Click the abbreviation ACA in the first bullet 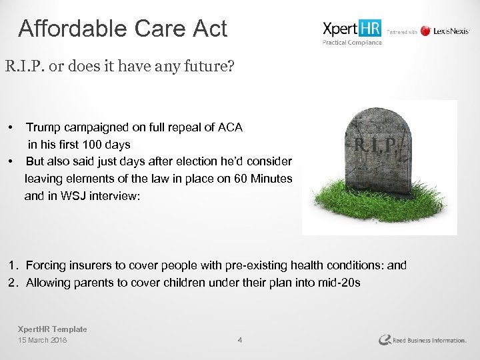pyautogui.click(x=228, y=127)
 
